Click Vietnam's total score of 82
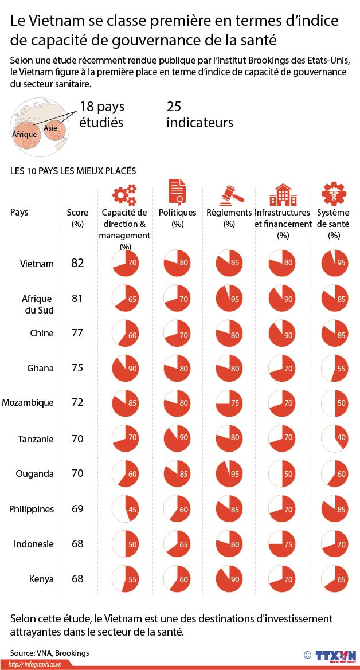click(77, 263)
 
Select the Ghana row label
click(40, 368)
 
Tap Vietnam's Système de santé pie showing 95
click(334, 264)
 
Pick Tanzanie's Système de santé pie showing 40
click(334, 438)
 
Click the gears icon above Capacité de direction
click(124, 194)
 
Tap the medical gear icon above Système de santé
click(334, 194)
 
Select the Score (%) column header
click(77, 218)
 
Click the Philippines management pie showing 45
click(125, 508)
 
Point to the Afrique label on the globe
click(25, 134)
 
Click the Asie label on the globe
click(50, 128)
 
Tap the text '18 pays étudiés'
click(101, 115)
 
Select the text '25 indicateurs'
click(199, 115)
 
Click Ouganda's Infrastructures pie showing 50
click(282, 473)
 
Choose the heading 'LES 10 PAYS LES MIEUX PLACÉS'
click(73, 171)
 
